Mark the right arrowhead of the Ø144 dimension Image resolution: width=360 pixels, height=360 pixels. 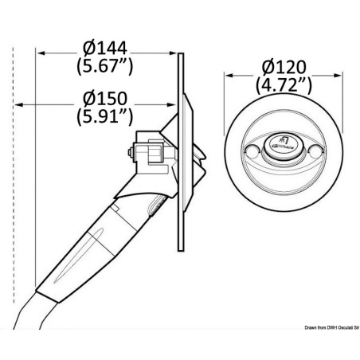click(177, 54)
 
